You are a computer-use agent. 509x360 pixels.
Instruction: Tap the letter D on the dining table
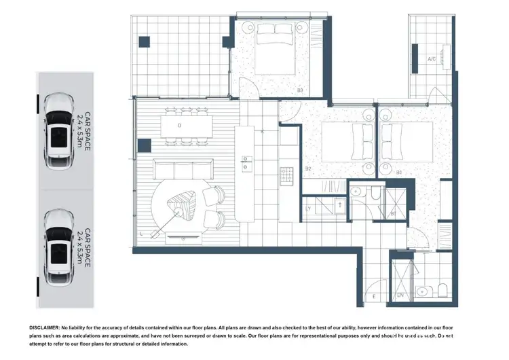click(x=179, y=126)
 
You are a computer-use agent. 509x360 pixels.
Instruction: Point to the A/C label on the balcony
click(x=432, y=59)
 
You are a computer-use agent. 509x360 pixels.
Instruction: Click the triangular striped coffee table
click(x=181, y=203)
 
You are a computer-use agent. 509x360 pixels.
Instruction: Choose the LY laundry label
click(x=309, y=209)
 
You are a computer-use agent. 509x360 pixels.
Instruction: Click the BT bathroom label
click(x=393, y=214)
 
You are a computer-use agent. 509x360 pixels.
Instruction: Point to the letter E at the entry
click(x=374, y=297)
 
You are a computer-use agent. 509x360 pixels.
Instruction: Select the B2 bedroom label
click(x=308, y=168)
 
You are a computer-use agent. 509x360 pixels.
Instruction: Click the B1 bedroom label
click(x=399, y=173)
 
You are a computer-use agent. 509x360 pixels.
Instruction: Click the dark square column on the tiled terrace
click(x=143, y=42)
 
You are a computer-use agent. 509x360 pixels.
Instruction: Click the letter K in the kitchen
click(x=263, y=132)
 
